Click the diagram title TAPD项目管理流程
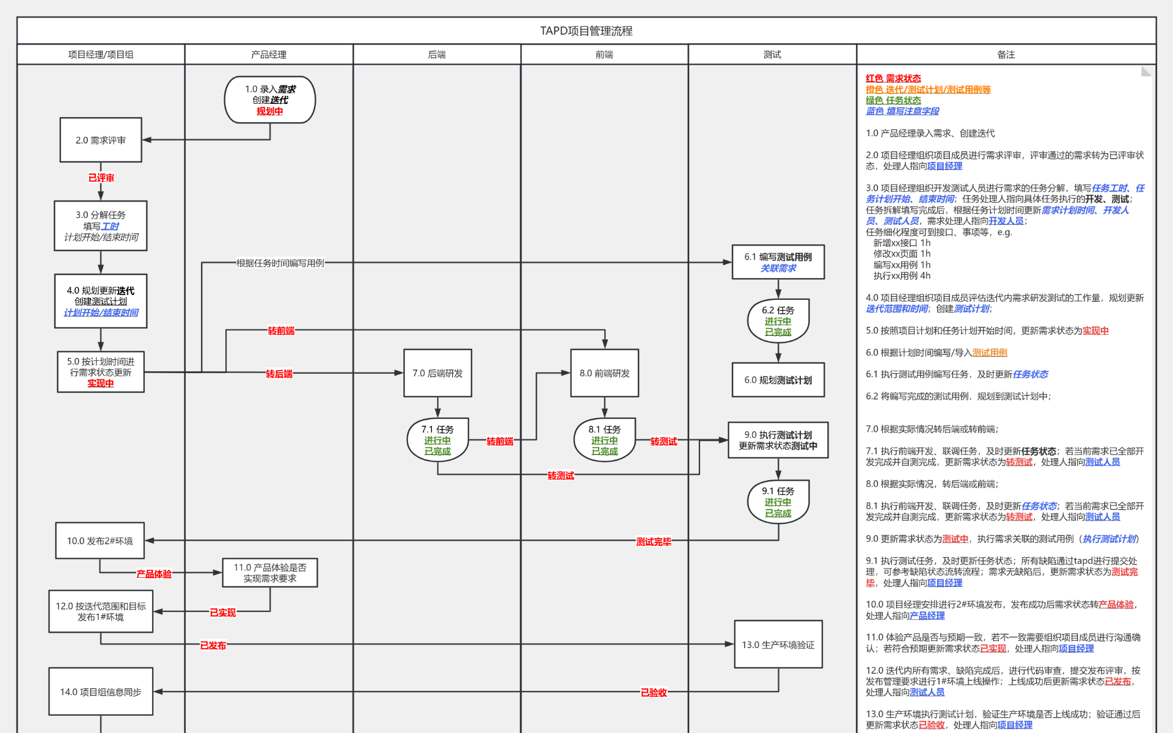586,31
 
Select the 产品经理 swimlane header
268,54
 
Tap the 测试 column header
772,54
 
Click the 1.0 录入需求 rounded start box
269,100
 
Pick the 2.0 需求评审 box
101,140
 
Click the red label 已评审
101,178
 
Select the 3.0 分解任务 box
101,225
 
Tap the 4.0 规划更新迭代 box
101,301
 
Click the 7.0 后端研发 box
437,373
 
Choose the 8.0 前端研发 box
604,373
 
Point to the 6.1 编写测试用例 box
778,262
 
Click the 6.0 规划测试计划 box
778,380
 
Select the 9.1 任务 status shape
778,501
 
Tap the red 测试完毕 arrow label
653,541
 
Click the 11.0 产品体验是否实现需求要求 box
269,572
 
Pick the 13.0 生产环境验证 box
778,644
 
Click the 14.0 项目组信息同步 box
101,691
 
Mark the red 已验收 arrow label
653,692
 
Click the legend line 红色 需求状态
893,78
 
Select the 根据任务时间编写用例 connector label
280,263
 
